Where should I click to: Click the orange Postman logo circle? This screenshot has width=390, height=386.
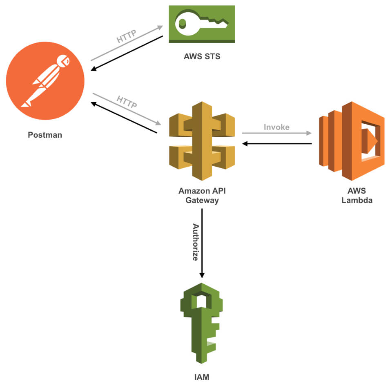45,80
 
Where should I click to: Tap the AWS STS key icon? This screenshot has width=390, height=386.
202,24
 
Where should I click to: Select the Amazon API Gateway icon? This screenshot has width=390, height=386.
202,141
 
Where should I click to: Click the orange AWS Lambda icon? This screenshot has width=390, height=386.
351,141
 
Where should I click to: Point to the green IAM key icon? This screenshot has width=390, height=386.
202,323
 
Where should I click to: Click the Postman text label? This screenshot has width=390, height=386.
45,134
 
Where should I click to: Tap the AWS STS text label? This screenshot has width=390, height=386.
202,56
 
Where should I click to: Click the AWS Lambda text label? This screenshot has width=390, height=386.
357,196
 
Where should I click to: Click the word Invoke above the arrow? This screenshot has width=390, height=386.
276,127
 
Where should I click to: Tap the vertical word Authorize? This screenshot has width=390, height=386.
196,243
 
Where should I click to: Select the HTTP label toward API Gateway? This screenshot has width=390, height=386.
127,102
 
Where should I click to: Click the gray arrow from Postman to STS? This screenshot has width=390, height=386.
126,43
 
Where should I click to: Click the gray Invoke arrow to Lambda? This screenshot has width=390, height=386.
276,133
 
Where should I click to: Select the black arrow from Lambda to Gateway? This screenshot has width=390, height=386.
276,144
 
